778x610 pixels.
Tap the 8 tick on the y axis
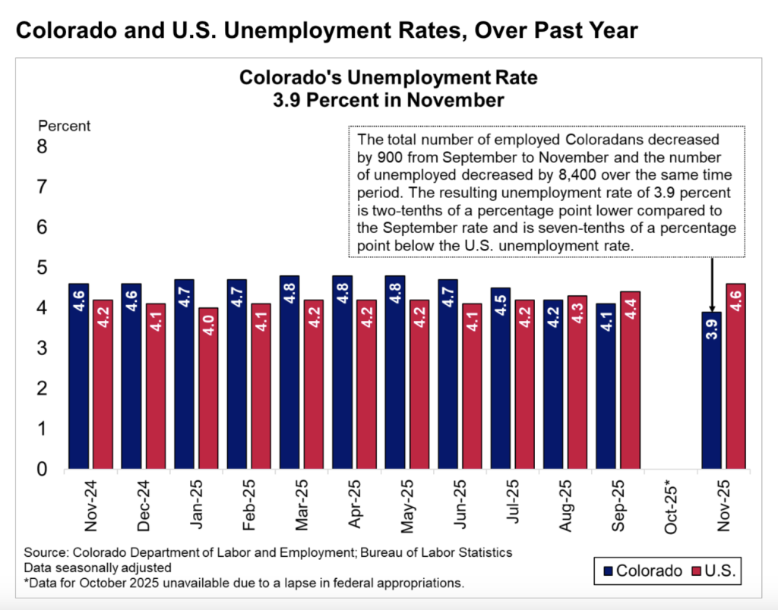click(x=43, y=146)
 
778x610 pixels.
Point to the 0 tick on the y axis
click(x=43, y=469)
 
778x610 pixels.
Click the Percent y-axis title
click(x=65, y=126)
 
